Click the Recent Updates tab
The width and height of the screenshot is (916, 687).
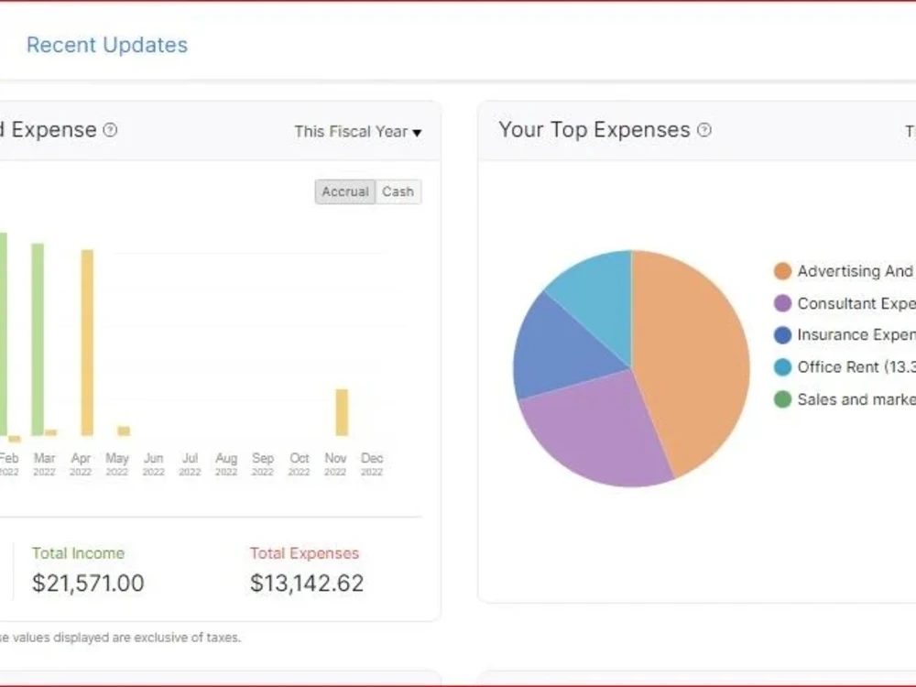pyautogui.click(x=106, y=45)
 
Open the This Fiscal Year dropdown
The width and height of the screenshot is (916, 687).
pyautogui.click(x=357, y=132)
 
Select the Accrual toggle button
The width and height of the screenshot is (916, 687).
pyautogui.click(x=345, y=191)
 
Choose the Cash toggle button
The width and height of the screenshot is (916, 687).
pyautogui.click(x=398, y=191)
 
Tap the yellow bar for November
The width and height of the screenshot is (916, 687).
pyautogui.click(x=342, y=412)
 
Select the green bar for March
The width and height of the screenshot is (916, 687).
pyautogui.click(x=38, y=339)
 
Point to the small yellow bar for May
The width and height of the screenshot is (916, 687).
pyautogui.click(x=124, y=431)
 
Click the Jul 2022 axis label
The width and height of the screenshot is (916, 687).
pyautogui.click(x=190, y=463)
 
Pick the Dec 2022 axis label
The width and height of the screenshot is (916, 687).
pyautogui.click(x=372, y=463)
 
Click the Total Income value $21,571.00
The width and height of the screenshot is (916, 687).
pyautogui.click(x=88, y=583)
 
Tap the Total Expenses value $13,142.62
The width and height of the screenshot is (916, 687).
pyautogui.click(x=307, y=583)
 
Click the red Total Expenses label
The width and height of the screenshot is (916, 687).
pyautogui.click(x=304, y=553)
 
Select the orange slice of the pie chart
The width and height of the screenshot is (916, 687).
pyautogui.click(x=692, y=357)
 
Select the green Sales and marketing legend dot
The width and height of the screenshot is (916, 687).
pyautogui.click(x=782, y=399)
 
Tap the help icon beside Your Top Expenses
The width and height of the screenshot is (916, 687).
pyautogui.click(x=703, y=130)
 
